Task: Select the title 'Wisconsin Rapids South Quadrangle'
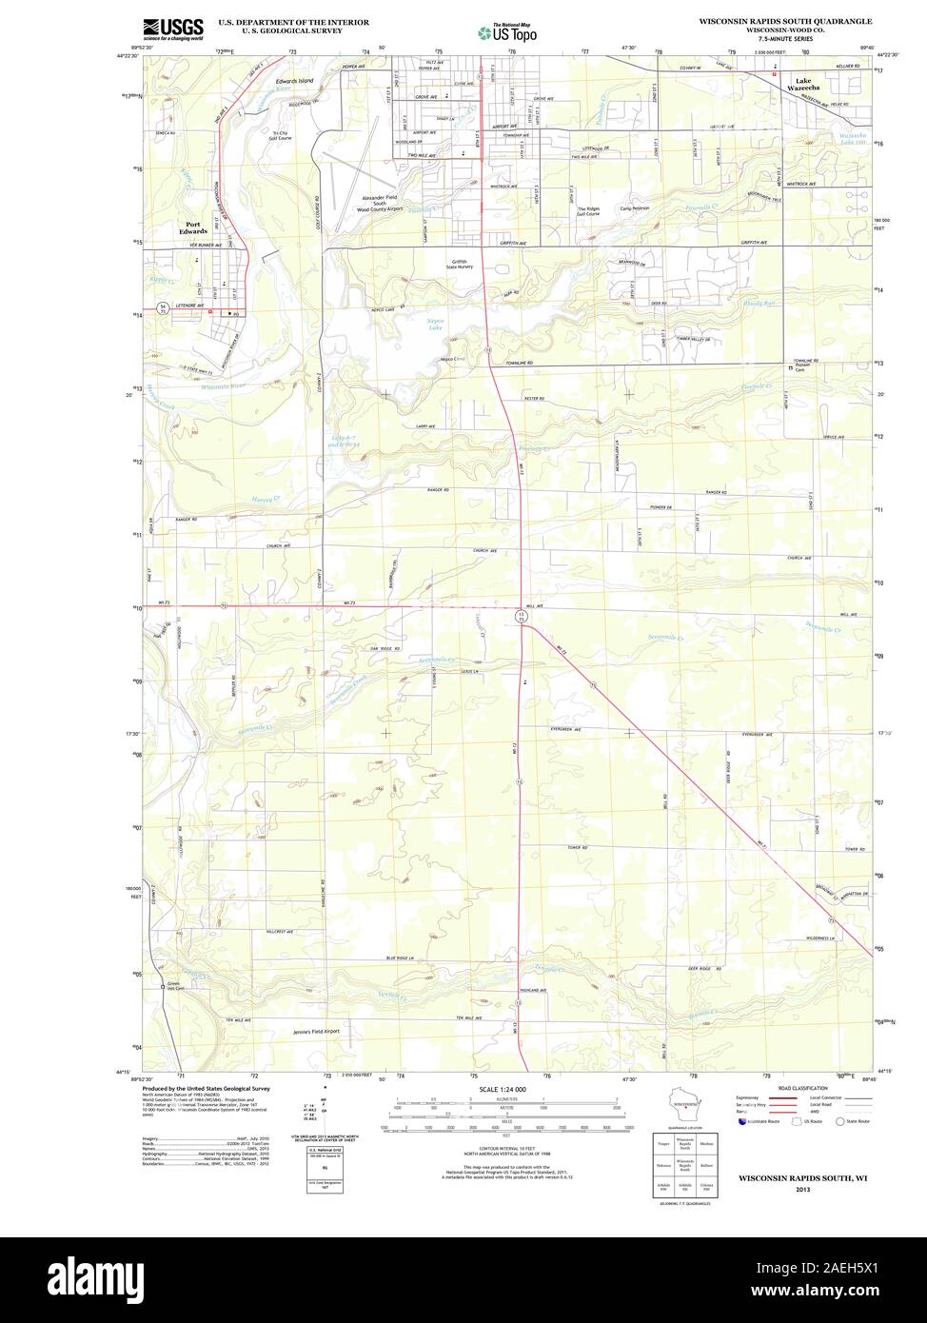point(785,19)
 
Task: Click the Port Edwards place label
point(194,227)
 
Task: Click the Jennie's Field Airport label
point(316,1031)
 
